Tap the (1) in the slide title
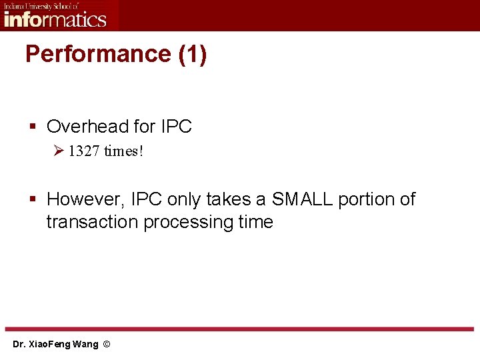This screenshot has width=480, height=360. (x=193, y=54)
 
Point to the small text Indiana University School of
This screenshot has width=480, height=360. (x=41, y=5)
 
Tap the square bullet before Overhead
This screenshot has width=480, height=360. (x=33, y=127)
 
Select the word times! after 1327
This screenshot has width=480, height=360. (x=124, y=151)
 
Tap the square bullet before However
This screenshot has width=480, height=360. (x=33, y=199)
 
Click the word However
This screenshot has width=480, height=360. (x=84, y=199)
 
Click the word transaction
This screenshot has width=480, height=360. (x=93, y=222)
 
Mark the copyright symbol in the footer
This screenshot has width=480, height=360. (x=107, y=345)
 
